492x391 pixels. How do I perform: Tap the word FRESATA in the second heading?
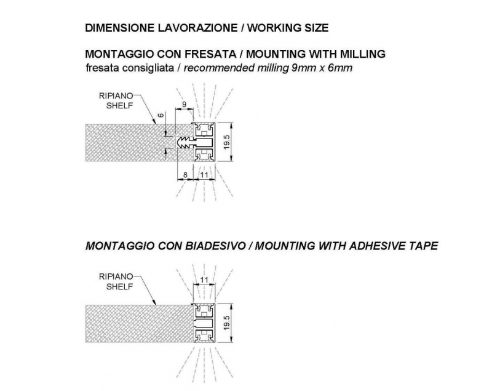[x=210, y=54]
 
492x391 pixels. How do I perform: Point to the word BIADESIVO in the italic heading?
[x=215, y=246]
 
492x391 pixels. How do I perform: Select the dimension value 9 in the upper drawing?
[x=184, y=104]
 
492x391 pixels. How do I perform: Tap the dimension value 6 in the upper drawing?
[x=161, y=115]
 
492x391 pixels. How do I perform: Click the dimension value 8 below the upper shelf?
[x=185, y=175]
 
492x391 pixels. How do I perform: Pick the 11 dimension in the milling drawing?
[x=204, y=175]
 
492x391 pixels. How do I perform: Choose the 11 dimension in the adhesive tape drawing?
[x=204, y=280]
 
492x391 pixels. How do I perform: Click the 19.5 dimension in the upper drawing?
[x=228, y=142]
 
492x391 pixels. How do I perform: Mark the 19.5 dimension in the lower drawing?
[x=228, y=323]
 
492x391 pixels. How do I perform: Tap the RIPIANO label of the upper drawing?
[x=116, y=96]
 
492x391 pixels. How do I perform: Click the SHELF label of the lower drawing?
[x=119, y=286]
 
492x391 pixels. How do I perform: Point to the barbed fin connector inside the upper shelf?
[x=185, y=143]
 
